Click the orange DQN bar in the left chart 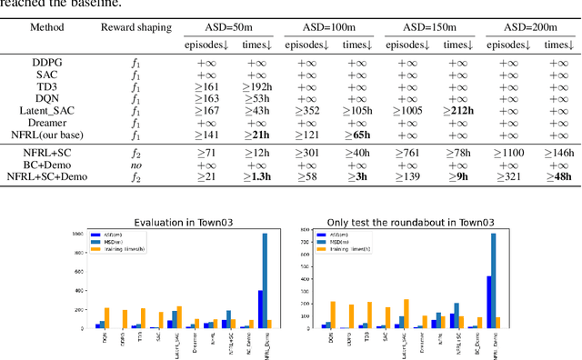coord(106,318)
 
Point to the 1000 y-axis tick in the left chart coord(85,235)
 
